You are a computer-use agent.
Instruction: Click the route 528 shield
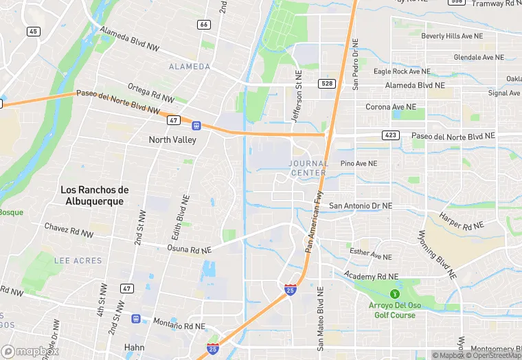327,83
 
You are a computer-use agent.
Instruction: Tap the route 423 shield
391,135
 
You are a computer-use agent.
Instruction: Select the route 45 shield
34,32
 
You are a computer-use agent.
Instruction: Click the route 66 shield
203,24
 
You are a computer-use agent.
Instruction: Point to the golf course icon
394,294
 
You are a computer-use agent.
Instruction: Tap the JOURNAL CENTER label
308,168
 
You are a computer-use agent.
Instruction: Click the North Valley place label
172,140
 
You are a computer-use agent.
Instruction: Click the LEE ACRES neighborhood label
78,261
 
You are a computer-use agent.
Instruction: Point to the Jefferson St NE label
297,100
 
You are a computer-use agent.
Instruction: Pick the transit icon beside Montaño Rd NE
136,319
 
